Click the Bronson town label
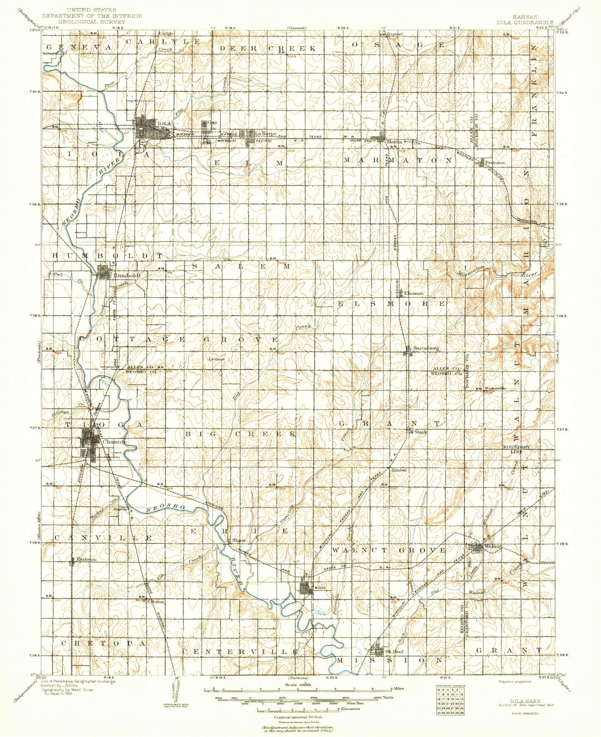tap(496, 163)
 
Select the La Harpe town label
tap(266, 134)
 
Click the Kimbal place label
tap(398, 470)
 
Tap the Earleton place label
tap(86, 559)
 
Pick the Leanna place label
tap(216, 358)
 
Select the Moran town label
tap(394, 142)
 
